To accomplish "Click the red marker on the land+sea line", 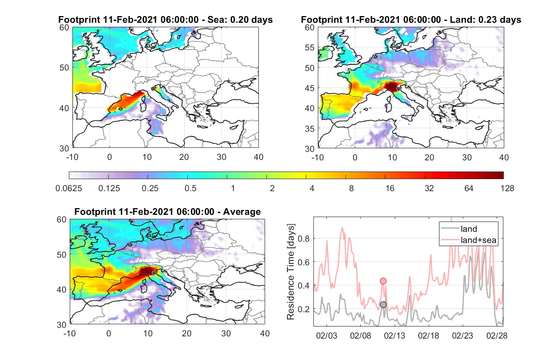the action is point(383,281).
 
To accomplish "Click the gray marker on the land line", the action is point(383,304).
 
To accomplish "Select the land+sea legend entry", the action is point(468,240).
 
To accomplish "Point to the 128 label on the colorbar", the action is point(507,188).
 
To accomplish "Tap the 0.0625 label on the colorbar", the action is point(69,188).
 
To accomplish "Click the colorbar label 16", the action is point(390,188).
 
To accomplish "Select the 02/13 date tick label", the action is point(394,335).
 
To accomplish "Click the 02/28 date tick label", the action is point(497,335).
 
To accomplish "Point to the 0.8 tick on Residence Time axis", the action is point(304,239).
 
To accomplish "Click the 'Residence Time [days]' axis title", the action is point(291,272).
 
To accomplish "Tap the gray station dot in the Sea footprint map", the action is point(153,89).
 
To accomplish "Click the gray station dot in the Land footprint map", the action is point(398,89).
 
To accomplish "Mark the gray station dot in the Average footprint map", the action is point(154,273).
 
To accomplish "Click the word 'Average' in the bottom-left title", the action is point(242,212).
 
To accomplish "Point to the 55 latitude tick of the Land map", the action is point(310,47).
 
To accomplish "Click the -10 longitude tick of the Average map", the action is point(70,333).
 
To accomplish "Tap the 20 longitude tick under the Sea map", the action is point(184,157).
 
